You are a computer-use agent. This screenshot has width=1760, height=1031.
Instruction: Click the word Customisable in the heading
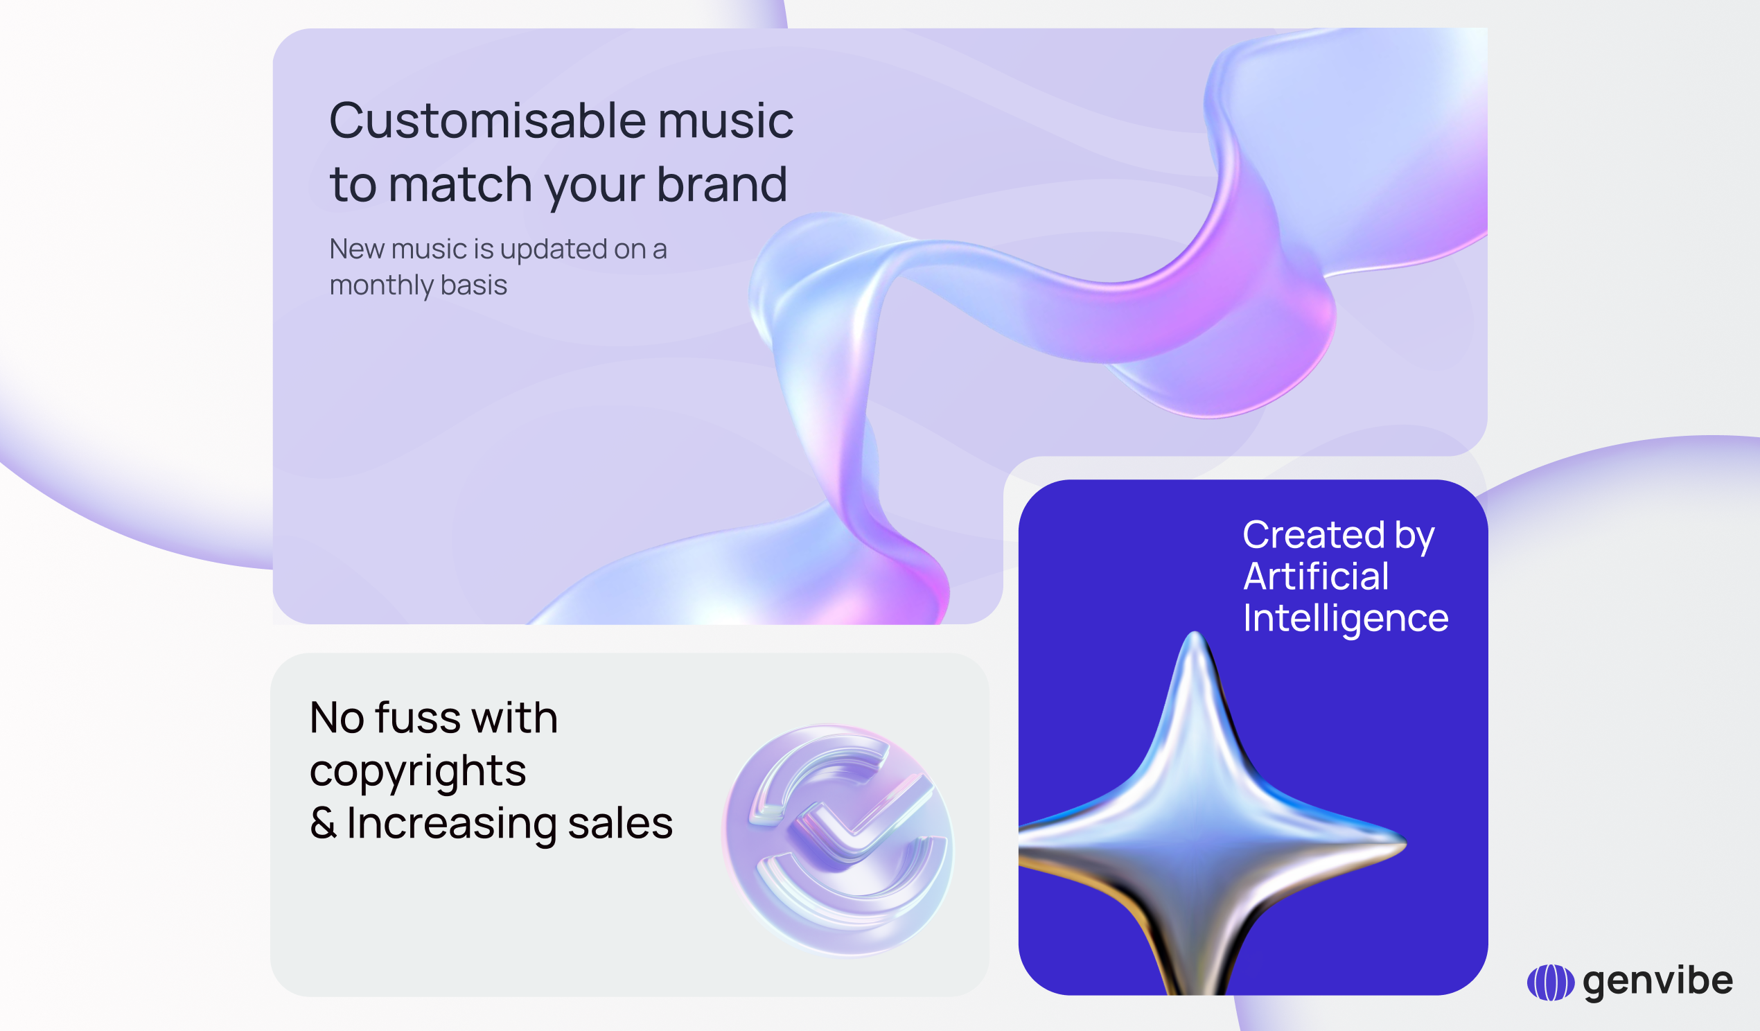(488, 120)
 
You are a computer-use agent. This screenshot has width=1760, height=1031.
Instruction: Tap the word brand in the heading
(722, 184)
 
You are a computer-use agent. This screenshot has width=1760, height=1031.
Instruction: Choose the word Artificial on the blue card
(1316, 577)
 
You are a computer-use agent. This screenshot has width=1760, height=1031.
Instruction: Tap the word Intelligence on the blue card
(1346, 619)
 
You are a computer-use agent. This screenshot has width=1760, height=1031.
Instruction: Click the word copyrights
(418, 771)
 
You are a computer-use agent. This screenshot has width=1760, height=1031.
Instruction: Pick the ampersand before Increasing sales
(324, 824)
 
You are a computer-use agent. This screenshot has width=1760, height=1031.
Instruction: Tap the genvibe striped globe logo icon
(1551, 982)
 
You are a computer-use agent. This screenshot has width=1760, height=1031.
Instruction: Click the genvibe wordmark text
(1658, 982)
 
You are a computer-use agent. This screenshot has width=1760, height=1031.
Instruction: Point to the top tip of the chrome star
(1195, 633)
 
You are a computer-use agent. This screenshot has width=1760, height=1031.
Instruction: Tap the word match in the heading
(460, 184)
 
